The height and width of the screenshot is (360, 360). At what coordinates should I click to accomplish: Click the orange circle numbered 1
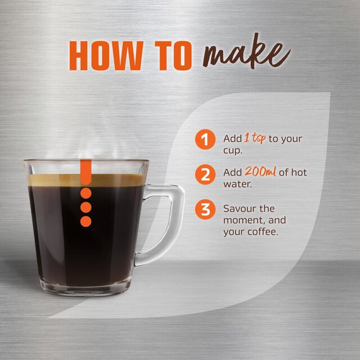pyautogui.click(x=205, y=139)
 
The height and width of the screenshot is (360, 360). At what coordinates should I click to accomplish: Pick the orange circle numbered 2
pyautogui.click(x=205, y=173)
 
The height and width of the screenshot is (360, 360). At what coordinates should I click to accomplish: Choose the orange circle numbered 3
pyautogui.click(x=205, y=210)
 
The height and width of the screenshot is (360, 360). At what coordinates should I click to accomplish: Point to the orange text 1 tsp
pyautogui.click(x=255, y=138)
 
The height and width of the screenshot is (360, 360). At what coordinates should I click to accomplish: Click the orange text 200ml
pyautogui.click(x=260, y=172)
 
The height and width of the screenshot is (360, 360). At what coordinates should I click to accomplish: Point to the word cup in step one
pyautogui.click(x=232, y=150)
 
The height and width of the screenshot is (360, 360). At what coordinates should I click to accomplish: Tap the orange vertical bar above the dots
pyautogui.click(x=85, y=172)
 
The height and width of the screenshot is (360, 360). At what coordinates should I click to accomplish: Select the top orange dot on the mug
pyautogui.click(x=85, y=193)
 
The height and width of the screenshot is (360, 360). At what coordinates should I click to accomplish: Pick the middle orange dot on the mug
pyautogui.click(x=85, y=207)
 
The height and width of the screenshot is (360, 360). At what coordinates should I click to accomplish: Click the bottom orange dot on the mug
pyautogui.click(x=85, y=221)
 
